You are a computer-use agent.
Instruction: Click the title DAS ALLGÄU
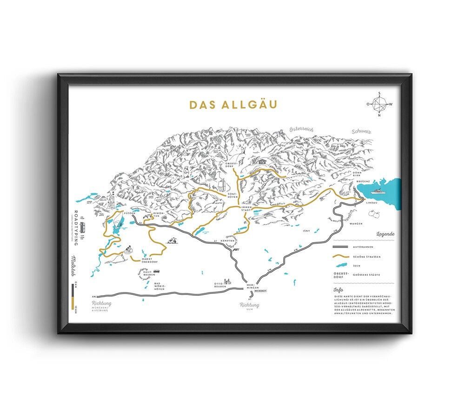coord(232,104)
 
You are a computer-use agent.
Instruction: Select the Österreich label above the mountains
coord(301,129)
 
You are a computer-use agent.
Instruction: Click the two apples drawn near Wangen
coord(374,213)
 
